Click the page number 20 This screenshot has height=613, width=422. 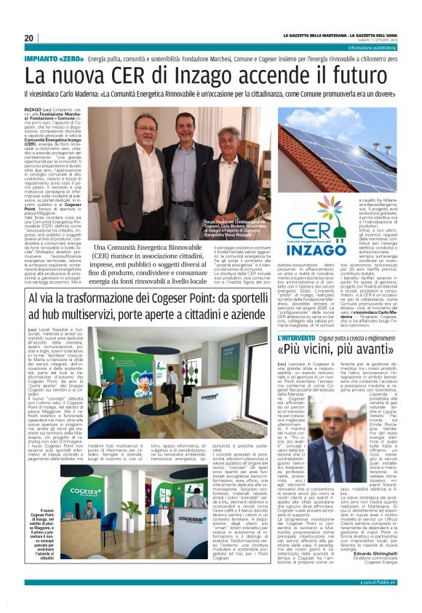(x=29, y=39)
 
